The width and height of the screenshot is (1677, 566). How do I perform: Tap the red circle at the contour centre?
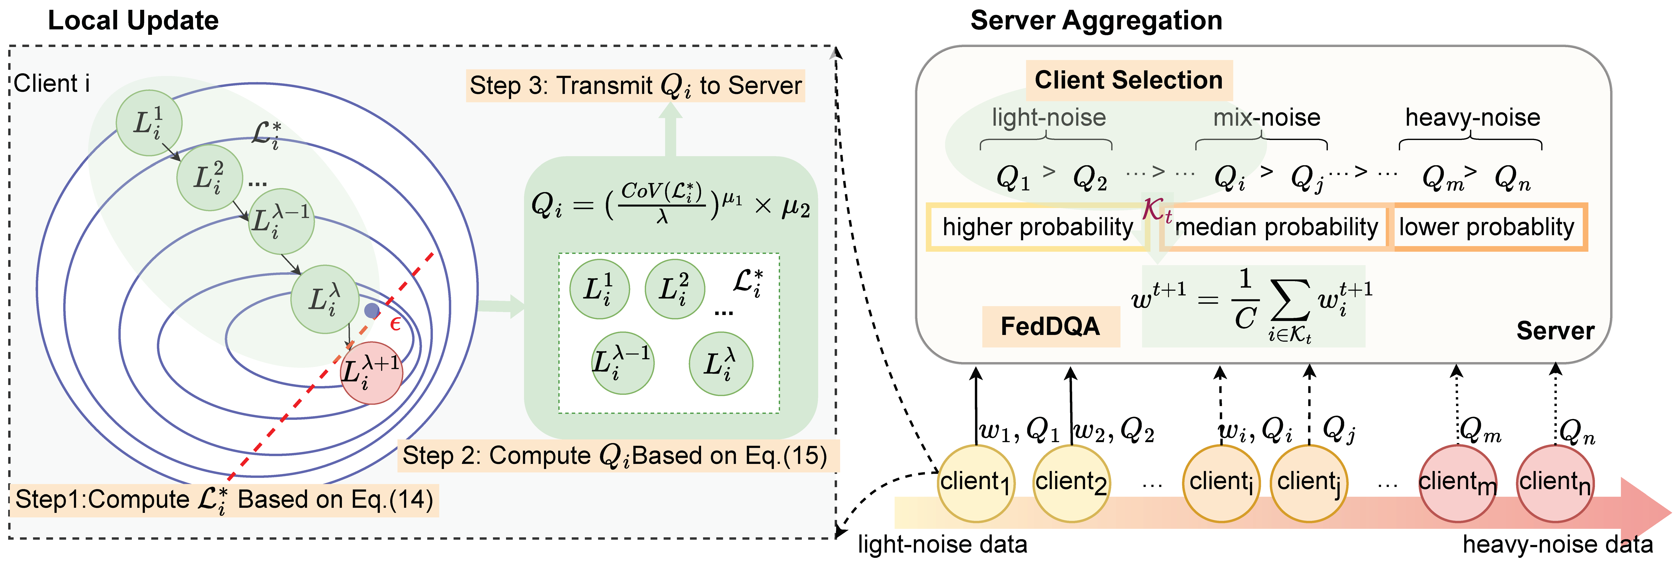point(371,373)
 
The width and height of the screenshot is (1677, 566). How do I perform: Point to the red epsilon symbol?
point(395,323)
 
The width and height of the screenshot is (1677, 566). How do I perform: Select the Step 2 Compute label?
point(615,455)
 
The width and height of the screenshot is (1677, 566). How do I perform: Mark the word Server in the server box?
point(1555,330)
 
